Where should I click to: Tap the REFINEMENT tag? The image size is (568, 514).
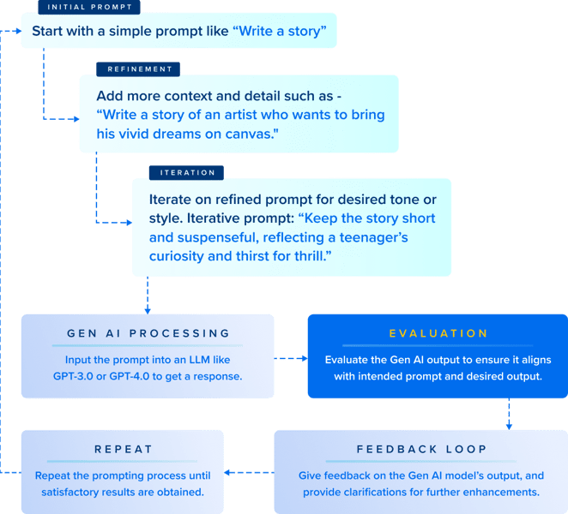(140, 69)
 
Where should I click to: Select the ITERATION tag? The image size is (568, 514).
(187, 172)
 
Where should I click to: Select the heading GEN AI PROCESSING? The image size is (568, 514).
(148, 332)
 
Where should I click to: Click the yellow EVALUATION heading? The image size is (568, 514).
(438, 332)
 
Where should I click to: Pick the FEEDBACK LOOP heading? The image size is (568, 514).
(421, 450)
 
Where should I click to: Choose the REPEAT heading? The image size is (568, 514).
(123, 450)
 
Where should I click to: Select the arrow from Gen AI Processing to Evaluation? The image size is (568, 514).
(292, 359)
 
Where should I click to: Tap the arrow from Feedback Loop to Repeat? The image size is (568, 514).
(249, 472)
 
